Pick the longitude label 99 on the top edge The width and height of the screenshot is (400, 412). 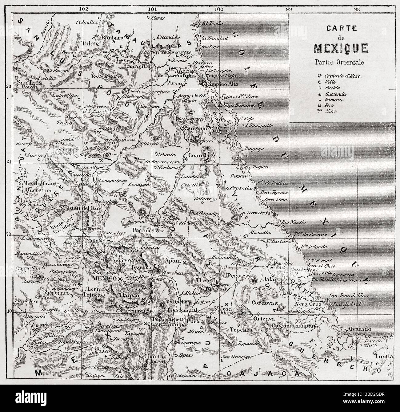(x=288, y=9)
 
